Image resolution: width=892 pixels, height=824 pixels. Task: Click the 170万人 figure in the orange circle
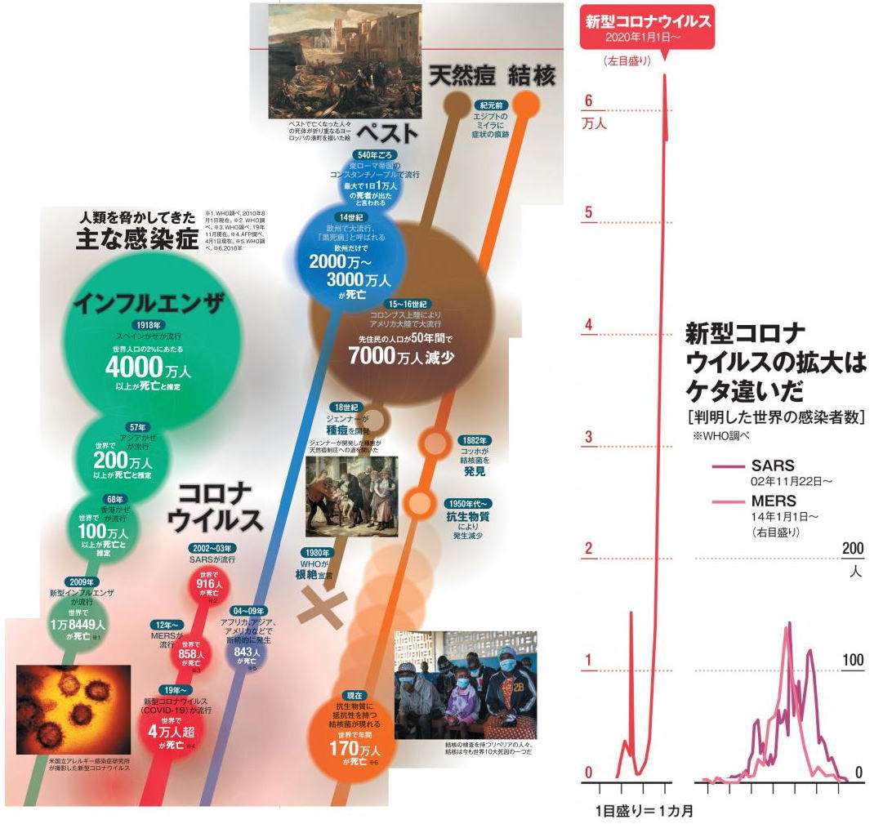point(356,747)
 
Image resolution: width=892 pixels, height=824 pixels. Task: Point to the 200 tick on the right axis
point(852,548)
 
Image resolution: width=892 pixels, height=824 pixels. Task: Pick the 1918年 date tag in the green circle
point(147,324)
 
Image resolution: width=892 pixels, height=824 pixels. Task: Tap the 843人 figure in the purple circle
point(246,653)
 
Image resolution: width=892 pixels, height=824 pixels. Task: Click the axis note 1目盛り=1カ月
point(643,812)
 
